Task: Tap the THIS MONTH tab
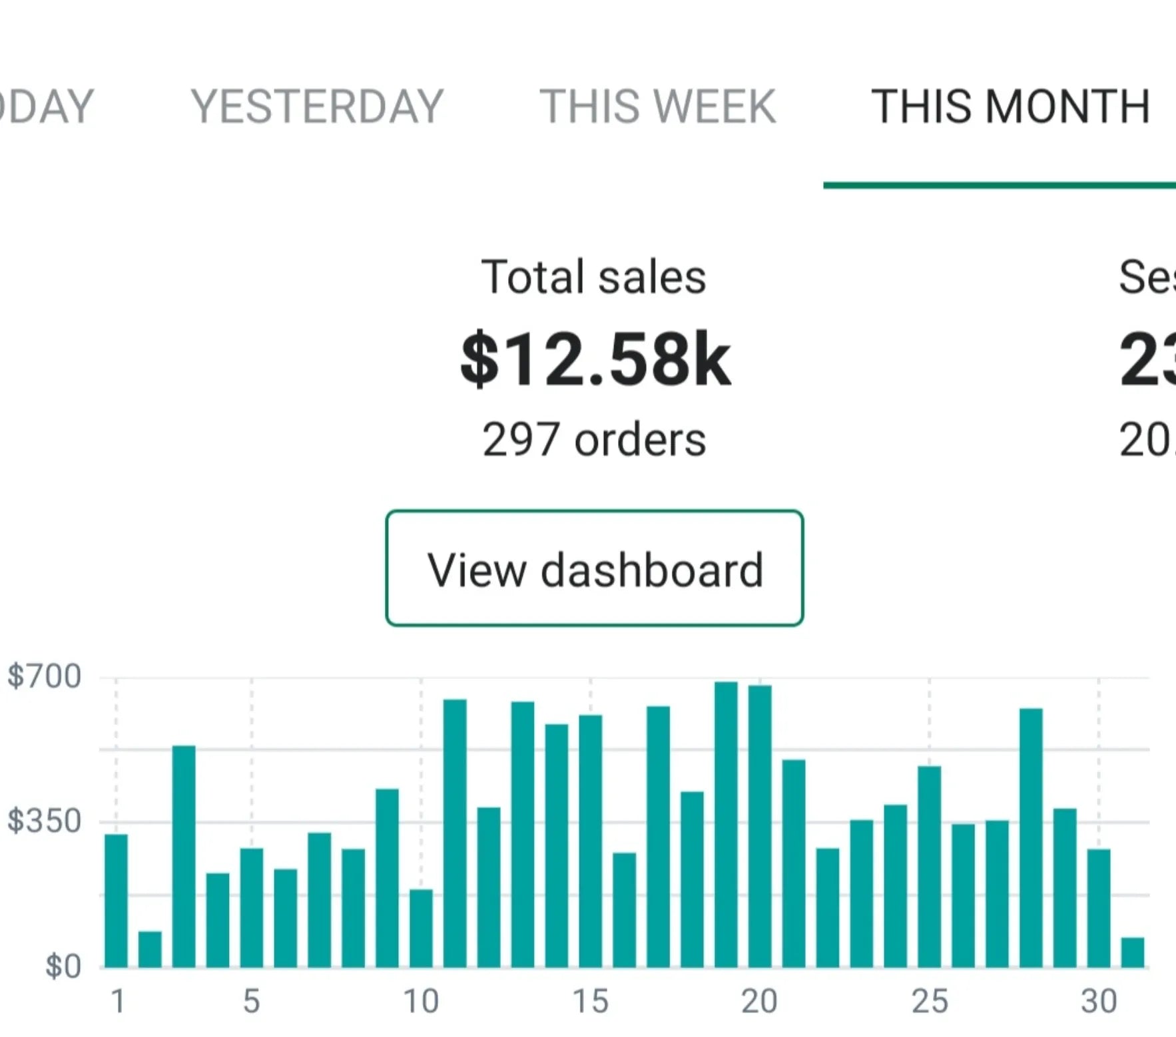pyautogui.click(x=1010, y=106)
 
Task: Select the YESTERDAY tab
pyautogui.click(x=317, y=106)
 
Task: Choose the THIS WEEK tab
pyautogui.click(x=657, y=106)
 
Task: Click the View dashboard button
pyautogui.click(x=594, y=568)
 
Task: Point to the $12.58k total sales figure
pyautogui.click(x=595, y=360)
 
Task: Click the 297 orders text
pyautogui.click(x=593, y=440)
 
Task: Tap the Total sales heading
pyautogui.click(x=593, y=277)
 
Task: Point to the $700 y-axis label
pyautogui.click(x=44, y=676)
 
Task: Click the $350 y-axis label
pyautogui.click(x=44, y=821)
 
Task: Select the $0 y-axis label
pyautogui.click(x=63, y=966)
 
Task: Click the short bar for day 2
pyautogui.click(x=150, y=949)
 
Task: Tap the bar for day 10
pyautogui.click(x=421, y=928)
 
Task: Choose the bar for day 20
pyautogui.click(x=760, y=825)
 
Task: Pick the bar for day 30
pyautogui.click(x=1099, y=908)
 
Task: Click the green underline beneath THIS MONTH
pyautogui.click(x=999, y=185)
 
